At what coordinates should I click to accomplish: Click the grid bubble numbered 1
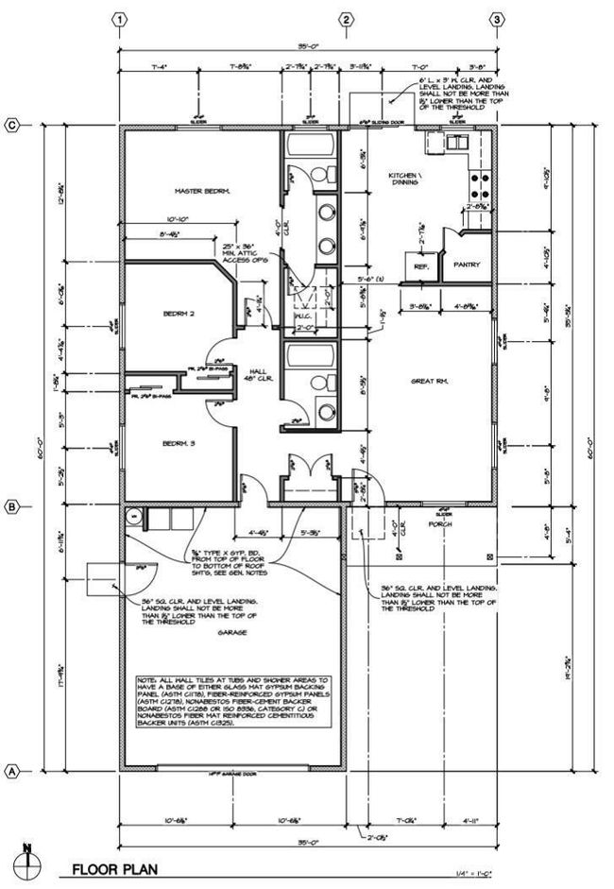coord(120,19)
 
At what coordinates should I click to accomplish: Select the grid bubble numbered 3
coord(497,19)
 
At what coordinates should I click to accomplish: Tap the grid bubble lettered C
coord(13,124)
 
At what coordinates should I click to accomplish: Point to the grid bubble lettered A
coord(13,770)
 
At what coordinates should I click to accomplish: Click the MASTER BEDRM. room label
coord(202,191)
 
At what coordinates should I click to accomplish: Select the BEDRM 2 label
coord(178,312)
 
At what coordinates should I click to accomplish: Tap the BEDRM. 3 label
coord(178,443)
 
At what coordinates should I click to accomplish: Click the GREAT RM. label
coord(428,381)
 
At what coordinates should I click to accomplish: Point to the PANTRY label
coord(467,265)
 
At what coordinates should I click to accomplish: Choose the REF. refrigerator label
coord(422,266)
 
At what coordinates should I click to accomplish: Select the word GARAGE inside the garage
coord(232,632)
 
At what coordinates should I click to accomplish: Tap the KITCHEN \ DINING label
coord(409,180)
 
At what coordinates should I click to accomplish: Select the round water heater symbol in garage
coord(134,516)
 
